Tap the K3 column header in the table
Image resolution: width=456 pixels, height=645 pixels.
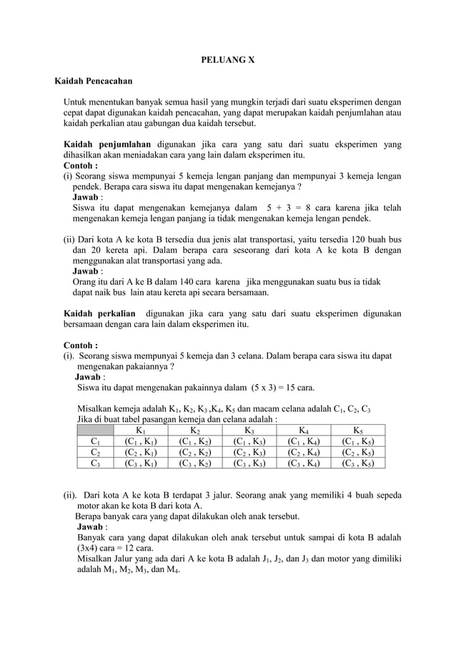pos(249,430)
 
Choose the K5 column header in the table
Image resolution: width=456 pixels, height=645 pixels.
pos(361,430)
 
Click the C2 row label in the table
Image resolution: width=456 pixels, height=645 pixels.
pos(95,452)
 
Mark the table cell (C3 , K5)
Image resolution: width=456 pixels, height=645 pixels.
pos(361,463)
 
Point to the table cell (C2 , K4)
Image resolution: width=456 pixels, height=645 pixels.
pos(304,452)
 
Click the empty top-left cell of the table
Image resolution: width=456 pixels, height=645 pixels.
pos(95,430)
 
